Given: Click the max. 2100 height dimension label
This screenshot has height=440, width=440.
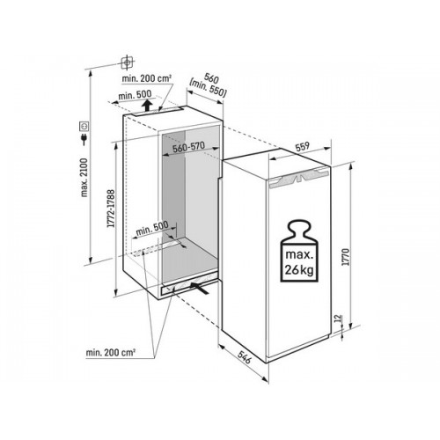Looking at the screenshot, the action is pyautogui.click(x=84, y=178).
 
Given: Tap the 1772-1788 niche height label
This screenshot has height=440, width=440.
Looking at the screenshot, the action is pyautogui.click(x=111, y=209).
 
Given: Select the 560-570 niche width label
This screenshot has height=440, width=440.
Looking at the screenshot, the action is pyautogui.click(x=188, y=147).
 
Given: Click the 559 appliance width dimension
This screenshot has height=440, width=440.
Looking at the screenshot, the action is pyautogui.click(x=302, y=146).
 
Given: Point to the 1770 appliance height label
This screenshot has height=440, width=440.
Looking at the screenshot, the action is pyautogui.click(x=347, y=257).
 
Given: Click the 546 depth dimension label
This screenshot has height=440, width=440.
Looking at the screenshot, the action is pyautogui.click(x=244, y=357).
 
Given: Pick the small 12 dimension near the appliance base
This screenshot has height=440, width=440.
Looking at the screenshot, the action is pyautogui.click(x=338, y=319).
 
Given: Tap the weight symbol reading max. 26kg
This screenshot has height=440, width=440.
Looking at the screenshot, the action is pyautogui.click(x=299, y=252).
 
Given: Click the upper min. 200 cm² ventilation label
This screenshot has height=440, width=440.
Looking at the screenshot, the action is pyautogui.click(x=147, y=78).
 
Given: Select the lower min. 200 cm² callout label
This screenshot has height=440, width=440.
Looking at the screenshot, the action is pyautogui.click(x=111, y=352).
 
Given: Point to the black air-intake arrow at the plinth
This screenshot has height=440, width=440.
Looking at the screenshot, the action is pyautogui.click(x=200, y=287).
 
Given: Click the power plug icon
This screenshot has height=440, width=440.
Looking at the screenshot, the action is pyautogui.click(x=84, y=139).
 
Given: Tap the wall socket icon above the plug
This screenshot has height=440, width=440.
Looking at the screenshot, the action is pyautogui.click(x=84, y=126).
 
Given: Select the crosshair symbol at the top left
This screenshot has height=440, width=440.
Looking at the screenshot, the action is pyautogui.click(x=128, y=62).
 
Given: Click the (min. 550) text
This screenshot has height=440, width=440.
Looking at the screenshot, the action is pyautogui.click(x=208, y=88).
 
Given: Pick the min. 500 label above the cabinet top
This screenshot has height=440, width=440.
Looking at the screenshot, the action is pyautogui.click(x=135, y=95).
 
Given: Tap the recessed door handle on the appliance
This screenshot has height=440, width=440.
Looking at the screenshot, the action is pyautogui.click(x=297, y=179).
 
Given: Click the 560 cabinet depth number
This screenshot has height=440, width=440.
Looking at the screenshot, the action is pyautogui.click(x=212, y=78).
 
